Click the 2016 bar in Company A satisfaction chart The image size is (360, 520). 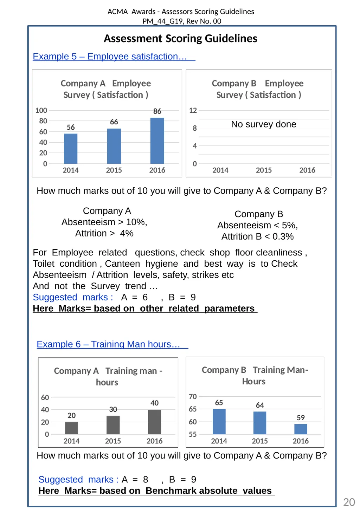(157, 141)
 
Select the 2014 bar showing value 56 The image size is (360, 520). (71, 149)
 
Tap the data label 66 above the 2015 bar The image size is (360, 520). (114, 122)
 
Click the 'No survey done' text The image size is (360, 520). (263, 124)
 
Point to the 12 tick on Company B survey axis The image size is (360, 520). (193, 110)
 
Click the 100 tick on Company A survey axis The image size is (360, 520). (41, 110)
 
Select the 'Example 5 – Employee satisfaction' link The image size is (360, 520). (114, 57)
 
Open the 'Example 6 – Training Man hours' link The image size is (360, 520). (112, 344)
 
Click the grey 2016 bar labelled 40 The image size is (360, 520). (154, 422)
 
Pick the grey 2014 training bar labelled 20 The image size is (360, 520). (71, 428)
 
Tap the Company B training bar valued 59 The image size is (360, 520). (301, 429)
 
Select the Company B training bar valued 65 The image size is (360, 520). (219, 422)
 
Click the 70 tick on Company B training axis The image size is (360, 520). (193, 396)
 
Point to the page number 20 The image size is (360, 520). (349, 502)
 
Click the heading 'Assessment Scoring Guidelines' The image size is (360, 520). (180, 38)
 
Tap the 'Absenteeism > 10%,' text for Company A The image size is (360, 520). (104, 222)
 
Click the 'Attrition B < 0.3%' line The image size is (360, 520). (257, 236)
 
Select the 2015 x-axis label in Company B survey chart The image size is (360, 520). (264, 170)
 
